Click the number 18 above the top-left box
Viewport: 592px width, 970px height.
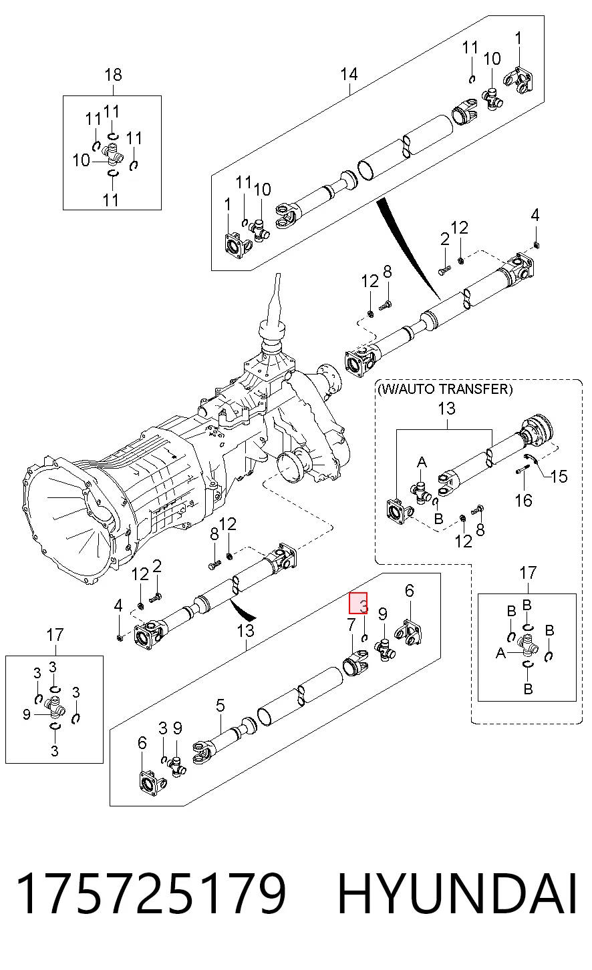click(x=113, y=75)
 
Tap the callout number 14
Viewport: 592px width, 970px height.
click(x=349, y=74)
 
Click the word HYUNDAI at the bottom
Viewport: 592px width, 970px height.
click(x=457, y=893)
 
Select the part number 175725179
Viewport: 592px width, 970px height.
click(x=150, y=893)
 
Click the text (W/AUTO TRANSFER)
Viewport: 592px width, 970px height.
click(x=445, y=389)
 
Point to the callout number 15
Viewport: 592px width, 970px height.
click(x=559, y=477)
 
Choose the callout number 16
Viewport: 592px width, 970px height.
click(x=523, y=501)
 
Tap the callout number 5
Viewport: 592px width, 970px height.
click(x=220, y=706)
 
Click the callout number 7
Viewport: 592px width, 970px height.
click(x=351, y=625)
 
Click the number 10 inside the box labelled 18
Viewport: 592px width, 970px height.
click(x=81, y=160)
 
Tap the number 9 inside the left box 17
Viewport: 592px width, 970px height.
click(x=27, y=714)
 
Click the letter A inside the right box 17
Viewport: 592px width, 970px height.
click(x=500, y=653)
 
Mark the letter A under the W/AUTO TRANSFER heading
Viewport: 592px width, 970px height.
click(x=422, y=463)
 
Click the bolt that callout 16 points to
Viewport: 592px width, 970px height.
click(x=523, y=470)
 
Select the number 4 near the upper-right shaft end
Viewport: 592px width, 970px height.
click(x=535, y=215)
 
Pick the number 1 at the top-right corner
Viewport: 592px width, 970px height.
click(x=518, y=37)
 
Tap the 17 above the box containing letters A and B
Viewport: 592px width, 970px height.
click(x=528, y=573)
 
